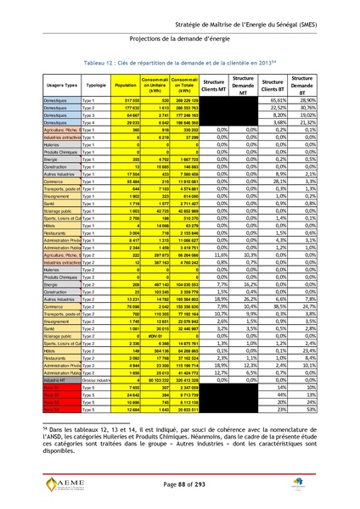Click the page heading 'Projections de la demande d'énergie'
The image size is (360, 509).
click(x=180, y=38)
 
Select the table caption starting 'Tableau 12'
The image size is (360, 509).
click(x=180, y=63)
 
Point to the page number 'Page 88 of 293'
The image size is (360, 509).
click(x=180, y=483)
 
